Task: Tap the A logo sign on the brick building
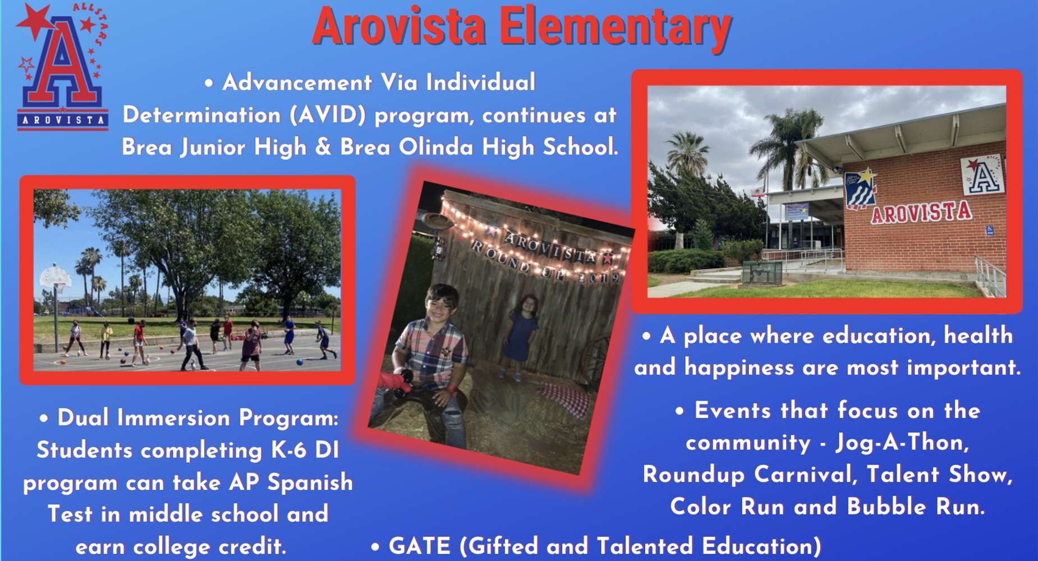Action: click(982, 175)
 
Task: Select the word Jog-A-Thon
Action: click(902, 443)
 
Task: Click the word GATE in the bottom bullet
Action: click(419, 546)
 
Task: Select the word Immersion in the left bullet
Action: click(174, 418)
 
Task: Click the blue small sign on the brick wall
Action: click(990, 230)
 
